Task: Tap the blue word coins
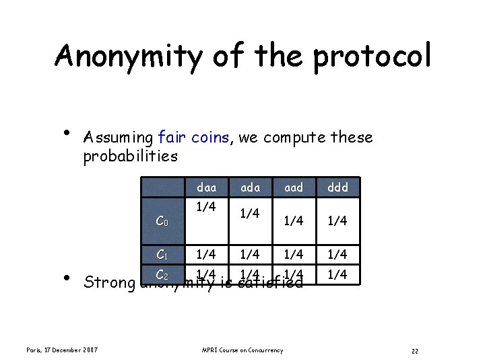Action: [x=211, y=138]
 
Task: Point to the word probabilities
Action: [x=130, y=157]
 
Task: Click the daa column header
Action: [x=205, y=188]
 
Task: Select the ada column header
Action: [x=250, y=188]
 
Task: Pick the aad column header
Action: [x=294, y=188]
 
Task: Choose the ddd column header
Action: [x=337, y=188]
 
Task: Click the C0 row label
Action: [x=162, y=220]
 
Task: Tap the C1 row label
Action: [x=162, y=254]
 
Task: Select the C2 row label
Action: [x=162, y=274]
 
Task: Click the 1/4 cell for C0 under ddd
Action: [x=337, y=220]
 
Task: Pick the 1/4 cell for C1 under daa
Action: [x=205, y=254]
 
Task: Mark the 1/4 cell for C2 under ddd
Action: [x=337, y=274]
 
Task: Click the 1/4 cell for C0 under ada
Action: [x=250, y=213]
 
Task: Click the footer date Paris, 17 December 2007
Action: [x=63, y=350]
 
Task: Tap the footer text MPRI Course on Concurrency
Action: [x=243, y=350]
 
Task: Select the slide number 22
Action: [x=415, y=350]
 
